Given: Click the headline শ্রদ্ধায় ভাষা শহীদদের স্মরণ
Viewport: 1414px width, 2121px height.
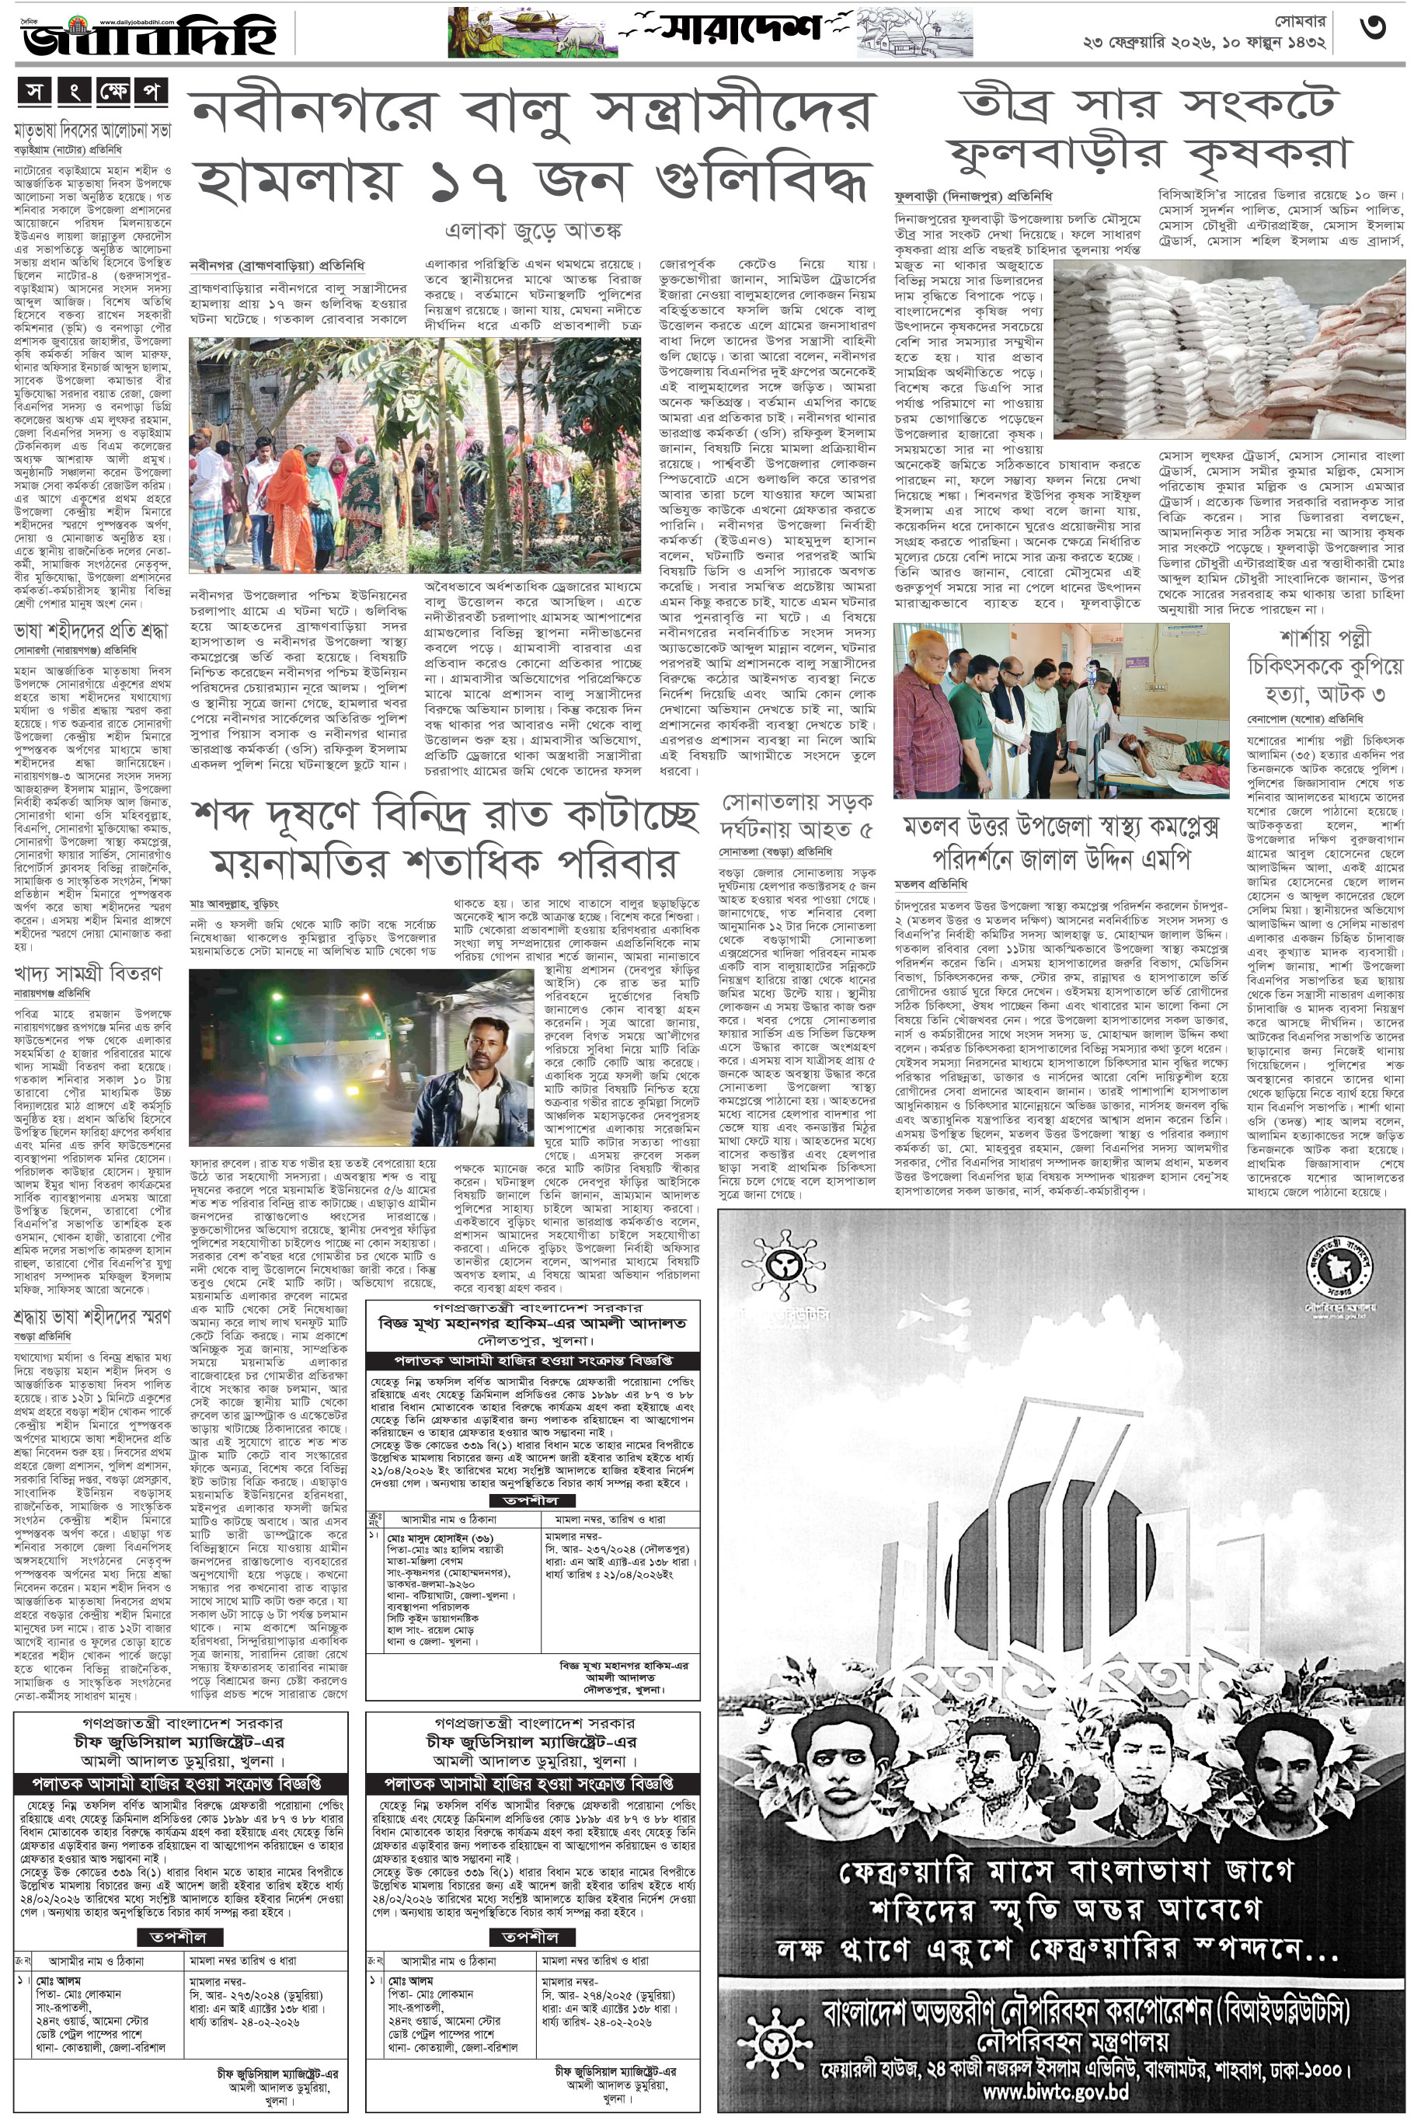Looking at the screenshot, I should pyautogui.click(x=92, y=1317).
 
